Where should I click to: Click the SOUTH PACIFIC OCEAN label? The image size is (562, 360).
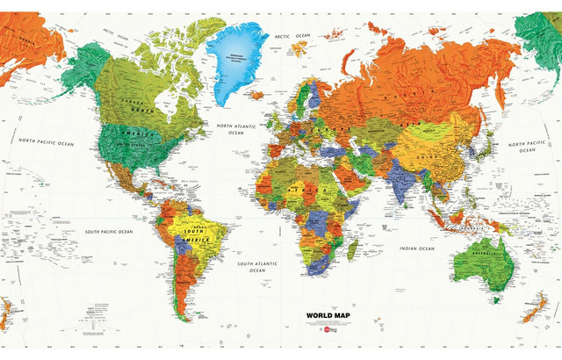click(x=109, y=231)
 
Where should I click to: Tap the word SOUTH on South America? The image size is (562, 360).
click(x=186, y=232)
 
